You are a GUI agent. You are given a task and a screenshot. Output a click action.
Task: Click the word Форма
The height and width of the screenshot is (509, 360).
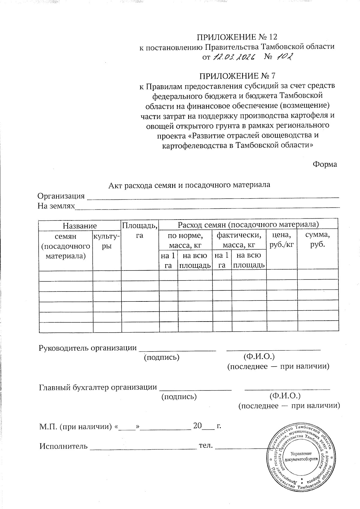(325, 164)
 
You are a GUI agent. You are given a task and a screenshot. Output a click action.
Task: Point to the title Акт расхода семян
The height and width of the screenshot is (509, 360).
(189, 185)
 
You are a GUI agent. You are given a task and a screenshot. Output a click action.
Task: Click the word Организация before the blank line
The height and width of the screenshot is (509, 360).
(61, 196)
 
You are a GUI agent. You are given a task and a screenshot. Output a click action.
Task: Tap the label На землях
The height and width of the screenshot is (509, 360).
(56, 206)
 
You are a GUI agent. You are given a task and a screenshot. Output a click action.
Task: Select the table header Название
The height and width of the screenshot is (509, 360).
(79, 226)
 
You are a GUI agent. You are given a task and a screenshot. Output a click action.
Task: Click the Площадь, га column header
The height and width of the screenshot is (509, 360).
(139, 230)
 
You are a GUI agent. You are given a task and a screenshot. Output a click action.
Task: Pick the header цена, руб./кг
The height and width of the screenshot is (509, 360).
(281, 239)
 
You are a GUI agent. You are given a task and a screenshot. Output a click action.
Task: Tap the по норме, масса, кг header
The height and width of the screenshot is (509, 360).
(185, 240)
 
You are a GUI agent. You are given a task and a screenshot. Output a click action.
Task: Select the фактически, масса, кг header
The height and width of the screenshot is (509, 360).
(239, 240)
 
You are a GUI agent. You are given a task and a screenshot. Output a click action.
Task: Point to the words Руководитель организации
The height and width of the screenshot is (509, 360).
(88, 348)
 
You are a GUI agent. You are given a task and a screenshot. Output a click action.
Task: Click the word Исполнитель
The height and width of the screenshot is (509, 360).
(63, 446)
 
